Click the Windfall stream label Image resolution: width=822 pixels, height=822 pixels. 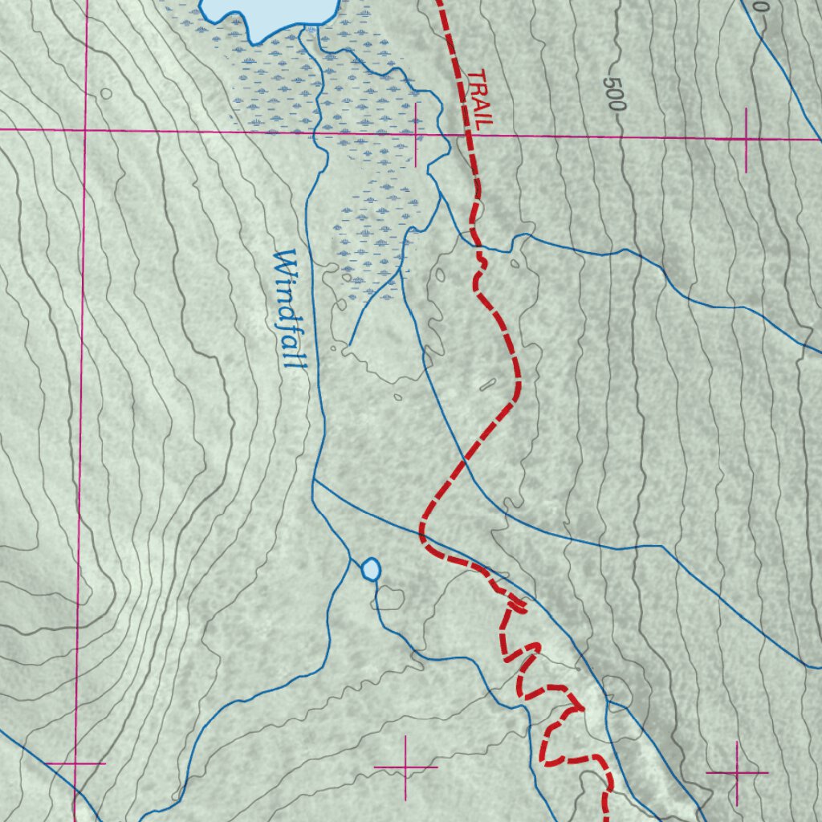289,309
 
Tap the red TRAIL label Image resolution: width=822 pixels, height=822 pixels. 479,99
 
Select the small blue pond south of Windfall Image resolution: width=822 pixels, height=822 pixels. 370,569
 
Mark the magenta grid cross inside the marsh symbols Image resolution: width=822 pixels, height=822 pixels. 415,134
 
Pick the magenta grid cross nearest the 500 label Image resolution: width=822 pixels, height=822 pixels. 746,140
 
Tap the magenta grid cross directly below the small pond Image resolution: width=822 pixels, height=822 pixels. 405,767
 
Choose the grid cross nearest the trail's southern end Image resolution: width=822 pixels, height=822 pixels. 736,772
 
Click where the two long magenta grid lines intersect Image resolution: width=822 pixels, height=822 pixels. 84,129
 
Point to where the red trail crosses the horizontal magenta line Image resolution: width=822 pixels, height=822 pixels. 469,135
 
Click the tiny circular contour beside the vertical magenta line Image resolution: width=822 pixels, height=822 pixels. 106,94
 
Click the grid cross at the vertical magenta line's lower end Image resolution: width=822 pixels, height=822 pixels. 75,763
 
